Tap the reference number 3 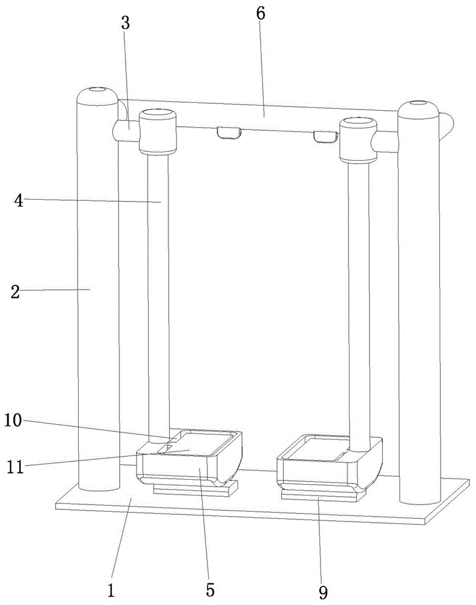(126, 24)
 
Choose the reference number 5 (209, 588)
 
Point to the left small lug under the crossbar (229, 132)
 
